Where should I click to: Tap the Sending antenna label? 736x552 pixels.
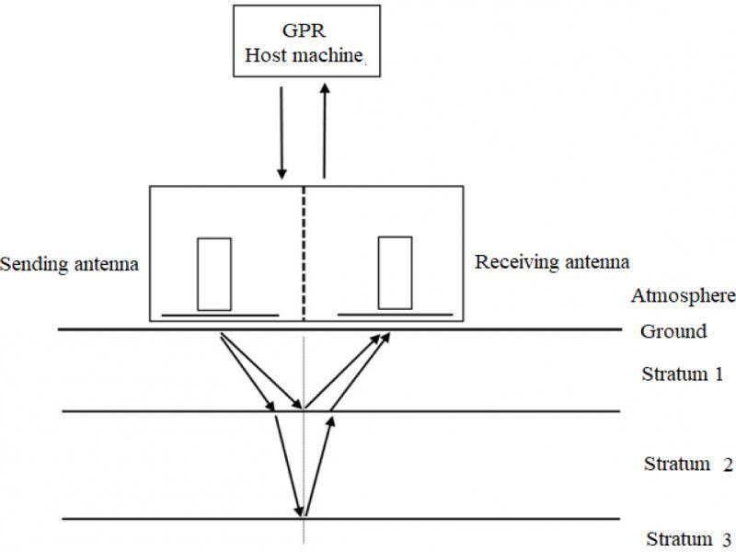69,265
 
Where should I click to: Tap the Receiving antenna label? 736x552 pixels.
552,262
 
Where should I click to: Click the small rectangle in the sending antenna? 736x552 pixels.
213,273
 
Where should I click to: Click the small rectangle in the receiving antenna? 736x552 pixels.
395,273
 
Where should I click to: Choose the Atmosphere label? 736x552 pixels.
683,296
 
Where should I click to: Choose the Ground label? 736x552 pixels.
673,331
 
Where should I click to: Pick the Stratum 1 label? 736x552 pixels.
682,374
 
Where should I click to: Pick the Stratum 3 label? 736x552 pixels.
688,538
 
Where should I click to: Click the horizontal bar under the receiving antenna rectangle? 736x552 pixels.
396,315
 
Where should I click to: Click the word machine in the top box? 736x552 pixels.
330,55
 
